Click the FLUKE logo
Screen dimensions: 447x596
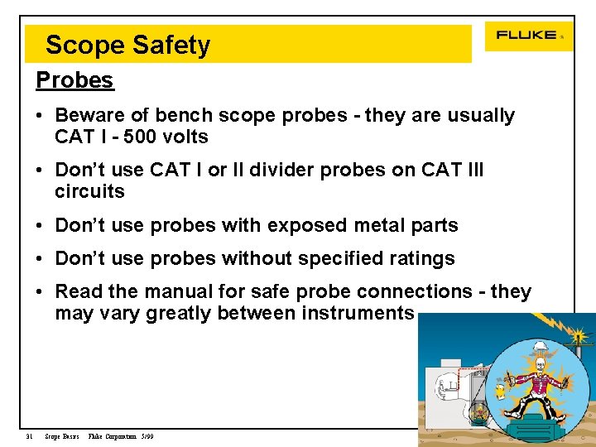click(x=527, y=36)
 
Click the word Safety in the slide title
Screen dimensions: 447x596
click(x=173, y=46)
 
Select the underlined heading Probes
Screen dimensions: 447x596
click(x=74, y=80)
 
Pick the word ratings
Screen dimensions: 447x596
click(x=421, y=258)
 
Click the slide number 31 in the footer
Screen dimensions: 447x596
click(x=28, y=436)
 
